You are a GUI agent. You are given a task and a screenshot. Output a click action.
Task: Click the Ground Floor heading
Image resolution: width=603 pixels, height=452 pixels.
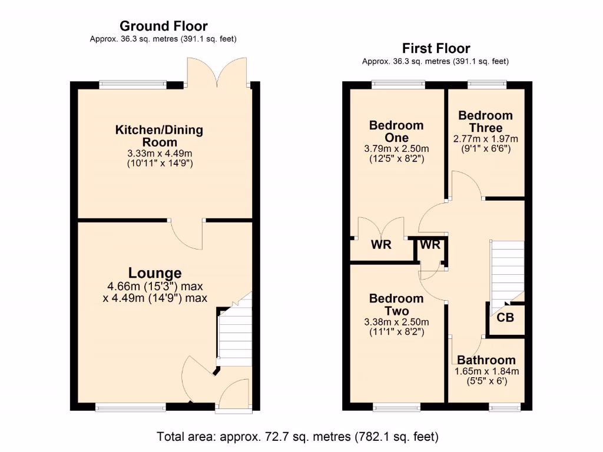tap(163, 26)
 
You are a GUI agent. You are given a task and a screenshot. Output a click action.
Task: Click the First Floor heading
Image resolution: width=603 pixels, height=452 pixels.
tap(436, 48)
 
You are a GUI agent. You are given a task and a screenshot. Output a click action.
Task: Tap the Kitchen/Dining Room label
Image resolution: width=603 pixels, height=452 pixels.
tap(159, 136)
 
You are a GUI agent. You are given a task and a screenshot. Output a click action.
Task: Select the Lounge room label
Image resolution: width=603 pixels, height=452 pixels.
tap(155, 273)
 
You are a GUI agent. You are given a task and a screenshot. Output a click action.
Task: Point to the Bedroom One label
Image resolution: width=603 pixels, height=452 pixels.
tap(396, 131)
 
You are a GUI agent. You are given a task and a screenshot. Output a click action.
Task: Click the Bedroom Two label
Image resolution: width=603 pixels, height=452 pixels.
tap(396, 305)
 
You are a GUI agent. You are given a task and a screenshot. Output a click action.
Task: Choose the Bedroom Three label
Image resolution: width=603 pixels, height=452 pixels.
tap(485, 121)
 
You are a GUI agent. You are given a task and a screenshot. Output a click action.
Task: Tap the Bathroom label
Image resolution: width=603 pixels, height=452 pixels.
tap(486, 360)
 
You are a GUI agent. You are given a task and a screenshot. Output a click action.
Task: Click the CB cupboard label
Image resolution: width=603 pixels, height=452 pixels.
tap(505, 318)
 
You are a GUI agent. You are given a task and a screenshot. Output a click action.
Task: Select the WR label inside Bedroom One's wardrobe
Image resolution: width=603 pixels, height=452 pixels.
tap(381, 245)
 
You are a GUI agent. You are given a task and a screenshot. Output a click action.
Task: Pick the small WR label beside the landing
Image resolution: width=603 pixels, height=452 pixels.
tap(430, 245)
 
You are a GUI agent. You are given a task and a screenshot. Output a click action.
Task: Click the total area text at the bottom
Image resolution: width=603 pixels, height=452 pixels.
tap(297, 437)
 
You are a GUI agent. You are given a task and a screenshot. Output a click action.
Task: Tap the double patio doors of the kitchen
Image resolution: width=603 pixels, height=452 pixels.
tap(216, 74)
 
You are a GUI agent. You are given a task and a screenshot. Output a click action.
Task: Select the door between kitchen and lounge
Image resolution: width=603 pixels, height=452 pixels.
tap(187, 234)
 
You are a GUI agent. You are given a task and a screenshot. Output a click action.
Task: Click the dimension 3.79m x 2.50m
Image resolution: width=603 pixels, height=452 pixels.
tap(396, 148)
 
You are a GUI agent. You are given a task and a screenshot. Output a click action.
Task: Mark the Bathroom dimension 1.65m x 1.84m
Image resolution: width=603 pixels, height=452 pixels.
tap(486, 372)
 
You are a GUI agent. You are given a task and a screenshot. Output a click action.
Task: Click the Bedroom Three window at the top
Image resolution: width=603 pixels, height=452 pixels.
tap(486, 85)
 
